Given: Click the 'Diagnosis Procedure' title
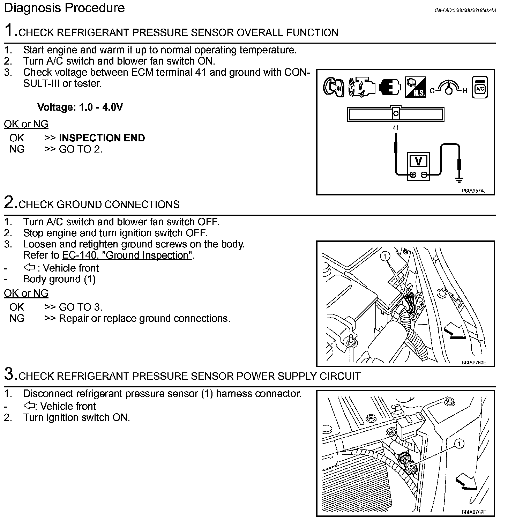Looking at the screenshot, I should tap(64, 8).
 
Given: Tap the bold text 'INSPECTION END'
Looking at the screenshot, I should tap(102, 138).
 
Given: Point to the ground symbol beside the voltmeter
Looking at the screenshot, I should tap(459, 179).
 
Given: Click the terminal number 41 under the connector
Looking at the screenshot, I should tap(395, 128).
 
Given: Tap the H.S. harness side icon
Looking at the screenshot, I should tap(415, 87).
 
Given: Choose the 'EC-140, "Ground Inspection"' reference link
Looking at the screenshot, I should tap(127, 255).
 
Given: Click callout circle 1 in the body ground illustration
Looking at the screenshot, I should tap(385, 257).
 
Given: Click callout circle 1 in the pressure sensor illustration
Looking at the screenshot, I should tap(460, 444).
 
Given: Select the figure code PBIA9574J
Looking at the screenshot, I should tap(473, 191).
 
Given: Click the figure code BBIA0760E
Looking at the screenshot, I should tap(473, 363).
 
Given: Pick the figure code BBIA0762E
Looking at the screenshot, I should tap(473, 512).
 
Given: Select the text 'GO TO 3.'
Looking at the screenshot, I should tap(81, 307).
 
